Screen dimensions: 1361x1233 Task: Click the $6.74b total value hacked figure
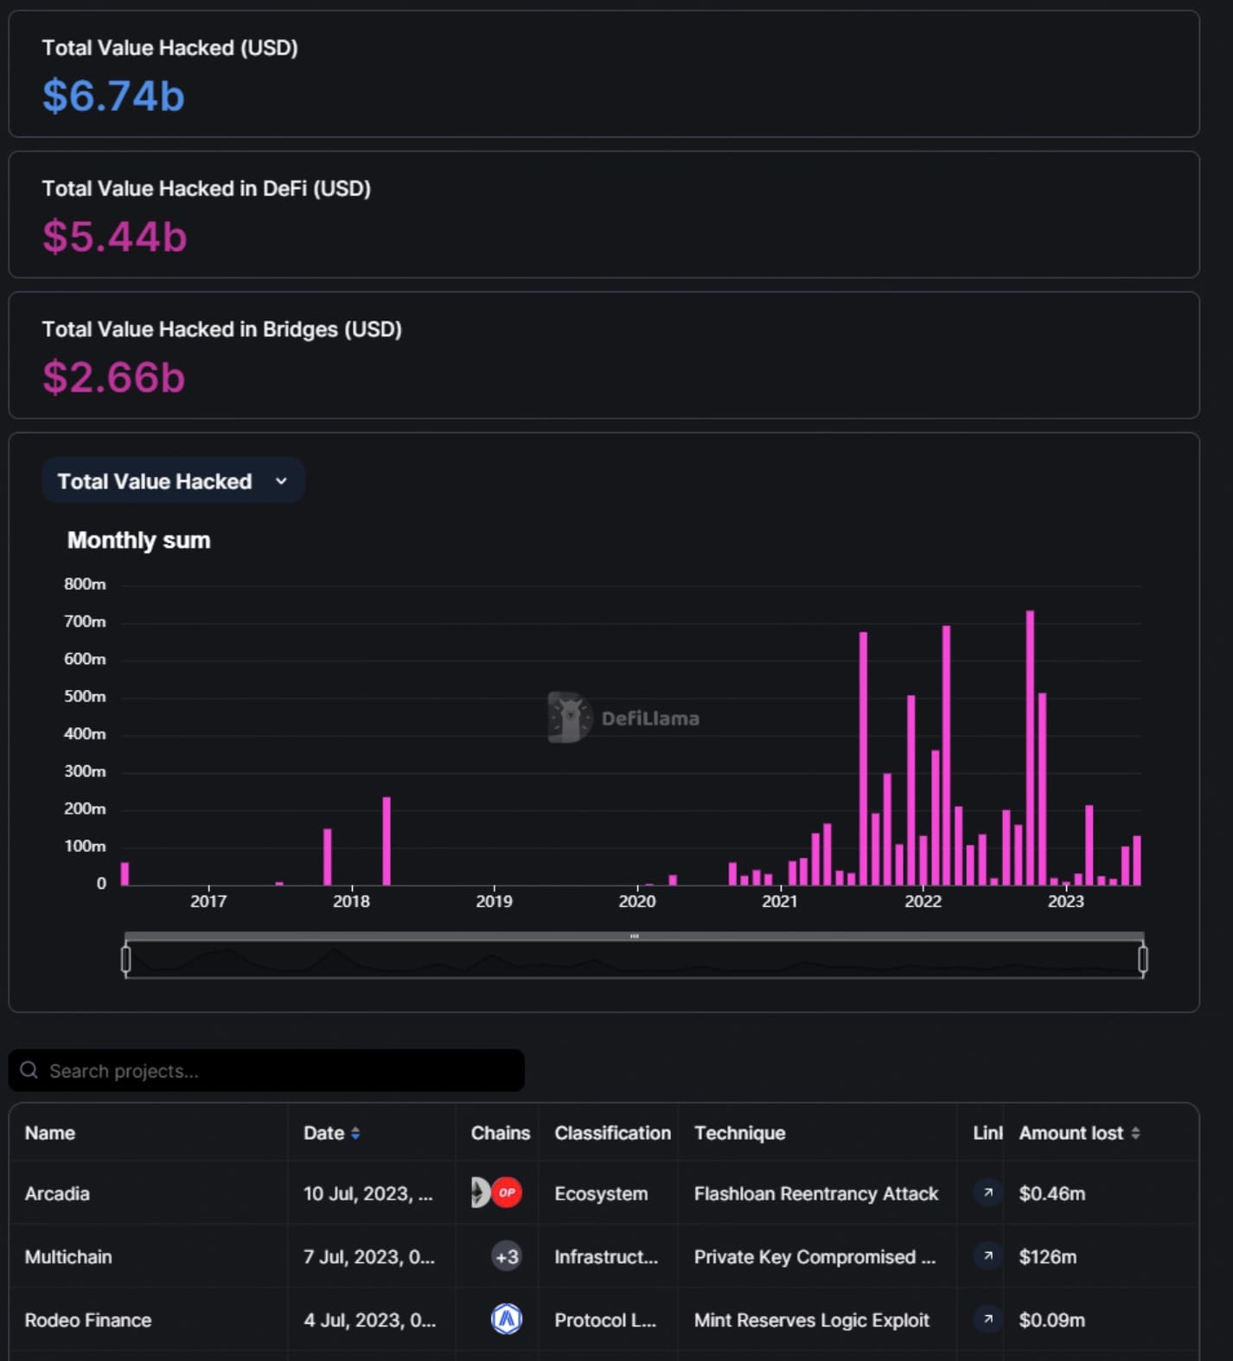(x=113, y=95)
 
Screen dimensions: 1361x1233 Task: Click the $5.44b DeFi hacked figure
(x=114, y=236)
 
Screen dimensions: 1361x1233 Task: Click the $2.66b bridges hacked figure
(x=113, y=377)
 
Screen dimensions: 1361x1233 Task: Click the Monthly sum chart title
(x=138, y=540)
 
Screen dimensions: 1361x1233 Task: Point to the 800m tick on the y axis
(x=85, y=585)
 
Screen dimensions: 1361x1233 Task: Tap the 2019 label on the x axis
(x=494, y=901)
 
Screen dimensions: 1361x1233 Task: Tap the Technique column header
(x=739, y=1133)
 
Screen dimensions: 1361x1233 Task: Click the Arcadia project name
(x=57, y=1193)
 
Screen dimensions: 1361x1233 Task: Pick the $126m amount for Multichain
(x=1047, y=1256)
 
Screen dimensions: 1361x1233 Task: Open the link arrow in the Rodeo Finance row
(x=987, y=1319)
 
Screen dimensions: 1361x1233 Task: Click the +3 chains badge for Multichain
(x=507, y=1256)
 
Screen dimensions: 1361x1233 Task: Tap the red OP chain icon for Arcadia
(x=507, y=1192)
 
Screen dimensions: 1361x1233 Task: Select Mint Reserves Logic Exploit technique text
(x=811, y=1320)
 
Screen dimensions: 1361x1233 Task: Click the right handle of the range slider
(x=1142, y=959)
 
